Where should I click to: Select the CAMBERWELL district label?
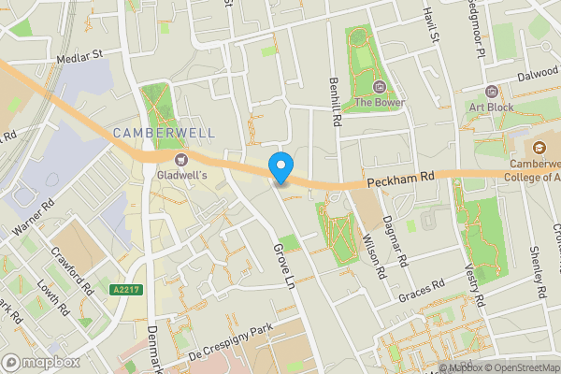(x=164, y=134)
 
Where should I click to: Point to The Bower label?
(x=375, y=102)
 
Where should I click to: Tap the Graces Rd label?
(x=420, y=291)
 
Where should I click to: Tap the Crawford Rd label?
(x=74, y=271)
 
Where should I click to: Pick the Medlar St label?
(x=79, y=57)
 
